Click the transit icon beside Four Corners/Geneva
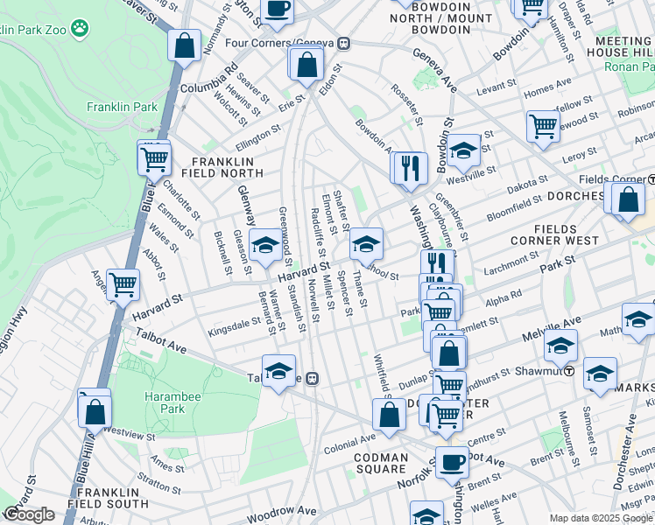pyautogui.click(x=345, y=43)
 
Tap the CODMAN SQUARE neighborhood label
pyautogui.click(x=381, y=463)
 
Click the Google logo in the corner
pyautogui.click(x=28, y=514)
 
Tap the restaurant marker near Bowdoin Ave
pyautogui.click(x=409, y=166)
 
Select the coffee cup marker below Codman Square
pyautogui.click(x=453, y=462)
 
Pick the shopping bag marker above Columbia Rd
pyautogui.click(x=185, y=45)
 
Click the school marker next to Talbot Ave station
pyautogui.click(x=278, y=371)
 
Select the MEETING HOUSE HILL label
pyautogui.click(x=623, y=47)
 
